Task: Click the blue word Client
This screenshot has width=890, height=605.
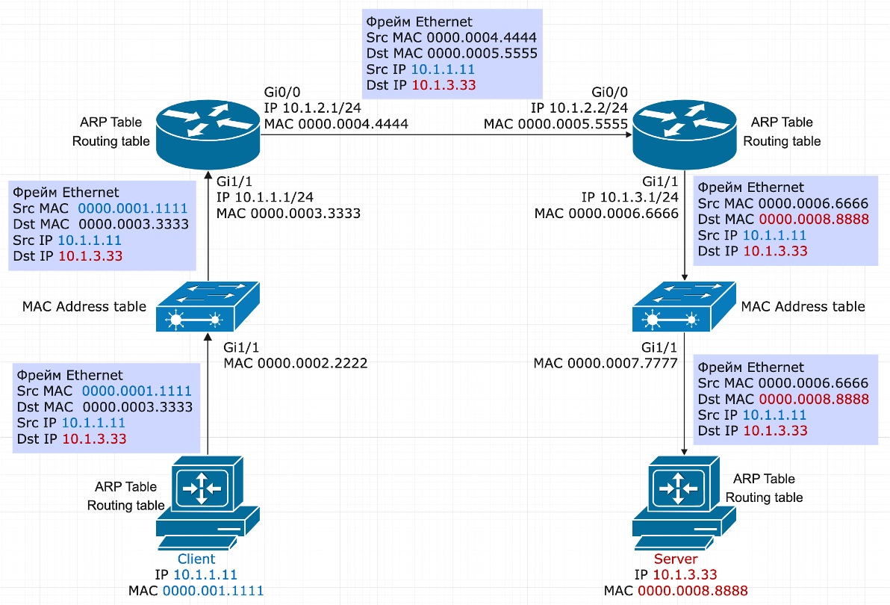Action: click(196, 559)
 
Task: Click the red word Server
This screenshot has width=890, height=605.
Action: click(676, 559)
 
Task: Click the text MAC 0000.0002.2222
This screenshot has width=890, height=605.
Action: click(296, 363)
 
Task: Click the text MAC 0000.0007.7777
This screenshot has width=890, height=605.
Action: click(606, 363)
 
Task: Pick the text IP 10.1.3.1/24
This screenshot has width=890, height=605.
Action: click(629, 197)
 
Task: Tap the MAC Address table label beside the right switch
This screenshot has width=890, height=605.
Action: click(803, 306)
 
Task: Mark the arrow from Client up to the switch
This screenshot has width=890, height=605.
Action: click(207, 403)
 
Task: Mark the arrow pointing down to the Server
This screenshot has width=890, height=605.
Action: click(684, 403)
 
